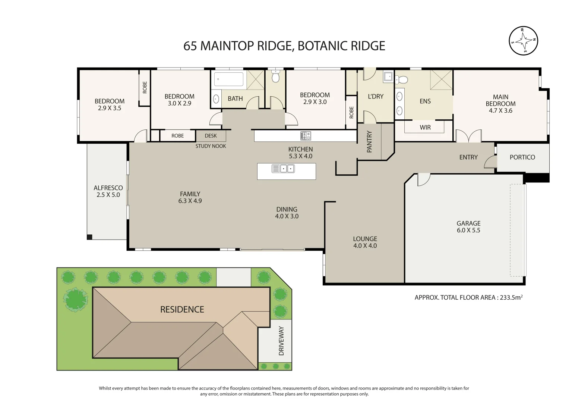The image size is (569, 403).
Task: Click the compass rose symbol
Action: (523, 41)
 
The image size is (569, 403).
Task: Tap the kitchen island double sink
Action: (283, 169)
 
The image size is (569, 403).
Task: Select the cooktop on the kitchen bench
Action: (306, 136)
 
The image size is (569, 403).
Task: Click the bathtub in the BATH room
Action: (229, 79)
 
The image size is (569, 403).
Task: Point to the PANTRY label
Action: (369, 141)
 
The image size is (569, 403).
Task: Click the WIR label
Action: (425, 127)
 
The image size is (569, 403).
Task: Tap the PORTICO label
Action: (522, 157)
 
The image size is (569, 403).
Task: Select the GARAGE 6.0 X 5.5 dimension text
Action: (468, 230)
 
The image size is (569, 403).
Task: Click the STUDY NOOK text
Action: (211, 146)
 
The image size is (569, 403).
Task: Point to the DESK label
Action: (211, 136)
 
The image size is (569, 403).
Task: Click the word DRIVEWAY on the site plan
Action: (281, 341)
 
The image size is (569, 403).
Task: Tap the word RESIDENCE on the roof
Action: (182, 309)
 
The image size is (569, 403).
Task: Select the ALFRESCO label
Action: (108, 188)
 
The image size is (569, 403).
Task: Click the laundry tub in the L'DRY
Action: (388, 76)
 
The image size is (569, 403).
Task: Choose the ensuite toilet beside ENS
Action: (402, 79)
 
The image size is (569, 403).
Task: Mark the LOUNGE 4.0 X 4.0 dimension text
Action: (365, 246)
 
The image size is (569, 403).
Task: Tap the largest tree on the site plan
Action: (76, 299)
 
